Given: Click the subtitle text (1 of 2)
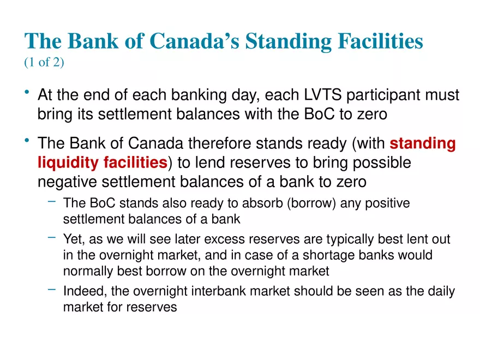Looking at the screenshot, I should point(44,63).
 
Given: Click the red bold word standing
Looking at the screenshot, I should point(423,144).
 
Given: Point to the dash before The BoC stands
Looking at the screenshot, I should point(51,202).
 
